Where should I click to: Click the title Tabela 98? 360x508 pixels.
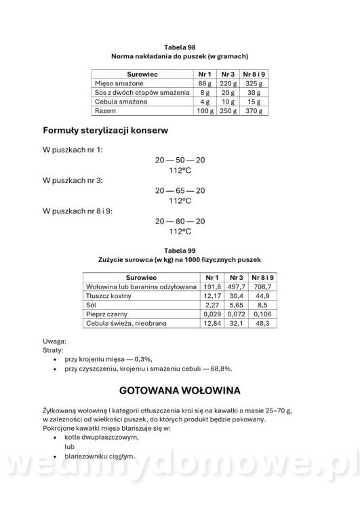click(180, 46)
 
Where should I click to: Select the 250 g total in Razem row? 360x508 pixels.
click(228, 110)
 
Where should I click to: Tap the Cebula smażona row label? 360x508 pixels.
click(119, 101)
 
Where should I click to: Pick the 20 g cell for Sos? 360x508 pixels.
click(228, 91)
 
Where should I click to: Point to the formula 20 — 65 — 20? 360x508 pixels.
click(180, 190)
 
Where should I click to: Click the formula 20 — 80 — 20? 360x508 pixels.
click(180, 221)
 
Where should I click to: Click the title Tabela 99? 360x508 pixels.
click(180, 250)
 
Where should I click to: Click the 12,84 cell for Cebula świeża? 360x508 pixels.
click(213, 324)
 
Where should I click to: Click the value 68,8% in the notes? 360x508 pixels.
click(218, 368)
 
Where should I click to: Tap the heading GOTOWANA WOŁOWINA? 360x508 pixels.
click(180, 391)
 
